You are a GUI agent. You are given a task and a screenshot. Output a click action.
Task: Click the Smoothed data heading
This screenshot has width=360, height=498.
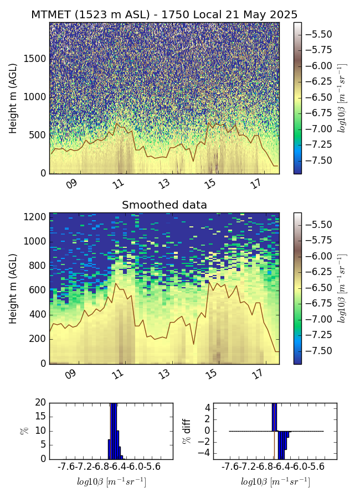click(x=164, y=205)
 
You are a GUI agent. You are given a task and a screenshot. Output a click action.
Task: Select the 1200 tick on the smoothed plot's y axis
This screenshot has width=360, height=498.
click(x=34, y=217)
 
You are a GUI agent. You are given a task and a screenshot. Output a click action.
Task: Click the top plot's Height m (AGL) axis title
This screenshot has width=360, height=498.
click(x=13, y=98)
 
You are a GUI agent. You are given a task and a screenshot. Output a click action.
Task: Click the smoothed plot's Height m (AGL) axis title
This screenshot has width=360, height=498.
click(x=13, y=288)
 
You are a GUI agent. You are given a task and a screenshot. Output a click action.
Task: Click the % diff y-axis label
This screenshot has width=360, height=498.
click(x=187, y=430)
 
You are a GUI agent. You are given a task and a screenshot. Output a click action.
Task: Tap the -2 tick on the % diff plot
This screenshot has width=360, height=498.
click(x=205, y=442)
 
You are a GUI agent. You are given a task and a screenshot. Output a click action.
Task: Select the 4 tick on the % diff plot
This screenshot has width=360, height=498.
click(x=207, y=408)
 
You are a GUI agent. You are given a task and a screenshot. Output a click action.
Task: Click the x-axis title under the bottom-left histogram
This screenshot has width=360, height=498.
click(x=111, y=482)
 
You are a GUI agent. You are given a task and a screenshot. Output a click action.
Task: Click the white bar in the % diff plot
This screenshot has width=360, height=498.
click(x=276, y=445)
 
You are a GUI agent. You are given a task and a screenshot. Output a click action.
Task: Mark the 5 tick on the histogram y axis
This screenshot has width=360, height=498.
click(x=42, y=444)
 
